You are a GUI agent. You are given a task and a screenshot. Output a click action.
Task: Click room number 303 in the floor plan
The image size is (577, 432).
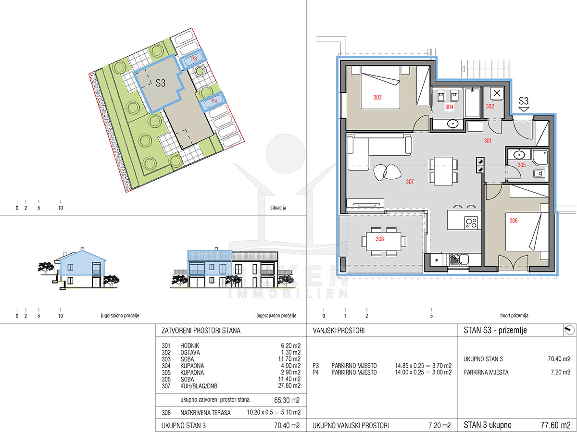coord(377,98)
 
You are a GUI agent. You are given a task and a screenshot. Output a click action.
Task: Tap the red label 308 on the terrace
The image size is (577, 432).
coord(379,239)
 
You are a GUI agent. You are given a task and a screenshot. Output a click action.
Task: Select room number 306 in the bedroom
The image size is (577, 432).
coord(514,221)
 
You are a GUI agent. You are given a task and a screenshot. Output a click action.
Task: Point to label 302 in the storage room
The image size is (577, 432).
coord(490,106)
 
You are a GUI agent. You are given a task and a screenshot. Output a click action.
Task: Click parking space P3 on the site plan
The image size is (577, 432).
coord(194,59)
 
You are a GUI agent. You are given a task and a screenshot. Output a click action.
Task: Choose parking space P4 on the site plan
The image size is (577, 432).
coord(213,101)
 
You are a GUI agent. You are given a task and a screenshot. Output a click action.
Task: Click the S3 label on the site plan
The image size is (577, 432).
coord(160,83)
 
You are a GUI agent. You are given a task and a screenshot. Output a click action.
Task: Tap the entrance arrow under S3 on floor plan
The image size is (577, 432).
coord(523,109)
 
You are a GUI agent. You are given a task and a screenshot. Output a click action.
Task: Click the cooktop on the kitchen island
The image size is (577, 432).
coord(471,222)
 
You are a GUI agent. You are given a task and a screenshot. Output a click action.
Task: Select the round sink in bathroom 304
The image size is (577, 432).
coord(452,123)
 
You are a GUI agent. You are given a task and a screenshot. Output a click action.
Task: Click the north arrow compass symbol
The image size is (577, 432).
coord(569,330)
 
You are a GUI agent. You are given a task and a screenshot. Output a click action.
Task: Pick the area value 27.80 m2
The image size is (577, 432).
coord(289,386)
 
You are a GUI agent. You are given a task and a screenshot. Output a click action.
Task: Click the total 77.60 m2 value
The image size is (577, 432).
coord(555,425)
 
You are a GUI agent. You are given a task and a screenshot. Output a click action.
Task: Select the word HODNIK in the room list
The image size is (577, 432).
coord(190,346)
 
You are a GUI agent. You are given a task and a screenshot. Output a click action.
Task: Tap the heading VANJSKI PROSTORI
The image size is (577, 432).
coord(339,331)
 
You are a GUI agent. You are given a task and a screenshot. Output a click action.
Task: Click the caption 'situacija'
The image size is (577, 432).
coord(278,208)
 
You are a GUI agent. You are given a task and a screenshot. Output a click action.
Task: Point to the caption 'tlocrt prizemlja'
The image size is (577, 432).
coord(514,316)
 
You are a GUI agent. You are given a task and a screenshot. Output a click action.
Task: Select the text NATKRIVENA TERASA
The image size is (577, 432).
coord(205,413)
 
